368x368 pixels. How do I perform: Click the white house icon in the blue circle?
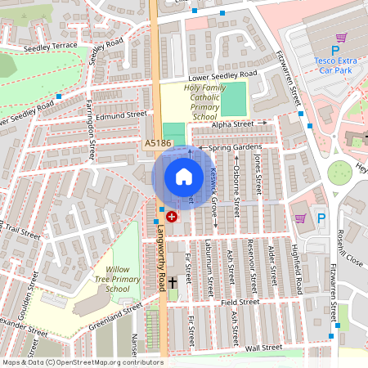click(184, 177)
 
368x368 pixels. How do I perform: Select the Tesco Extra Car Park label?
click(336, 65)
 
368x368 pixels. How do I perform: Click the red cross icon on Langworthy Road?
click(172, 217)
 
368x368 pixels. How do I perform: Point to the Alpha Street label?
click(233, 124)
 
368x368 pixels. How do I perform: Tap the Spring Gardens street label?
click(235, 148)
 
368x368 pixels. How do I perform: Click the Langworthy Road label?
click(162, 258)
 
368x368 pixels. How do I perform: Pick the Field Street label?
click(240, 302)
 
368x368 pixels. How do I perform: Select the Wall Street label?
click(263, 348)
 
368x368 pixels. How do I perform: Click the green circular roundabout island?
click(339, 172)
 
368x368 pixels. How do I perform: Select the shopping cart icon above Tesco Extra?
click(341, 38)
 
